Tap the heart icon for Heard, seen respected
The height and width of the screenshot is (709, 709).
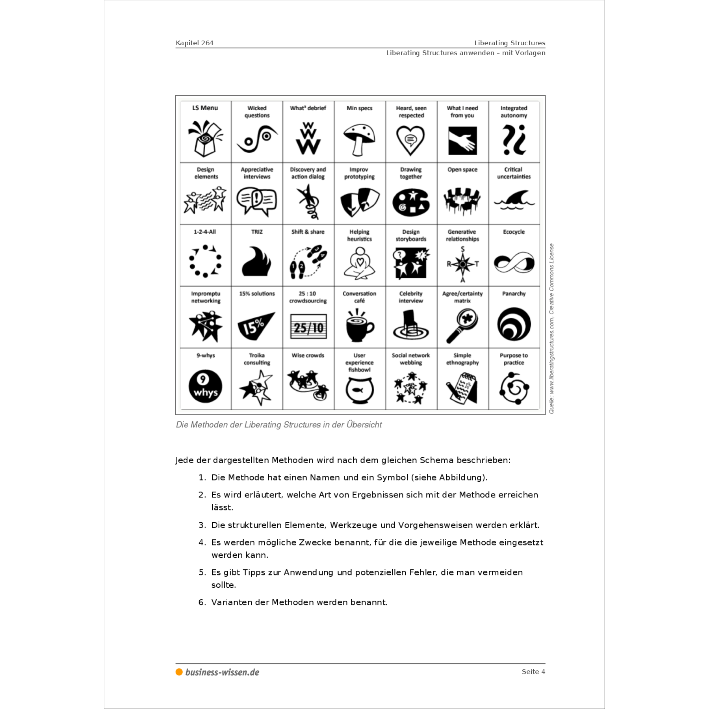pos(410,140)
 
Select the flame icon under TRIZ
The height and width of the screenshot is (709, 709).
pos(256,262)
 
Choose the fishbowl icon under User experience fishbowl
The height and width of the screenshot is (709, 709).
pos(359,390)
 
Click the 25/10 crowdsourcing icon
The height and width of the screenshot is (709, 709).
pos(308,327)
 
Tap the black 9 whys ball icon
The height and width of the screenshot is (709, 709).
pos(205,386)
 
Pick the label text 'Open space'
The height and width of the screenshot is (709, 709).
pos(462,170)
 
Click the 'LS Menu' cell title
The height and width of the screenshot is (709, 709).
pos(205,108)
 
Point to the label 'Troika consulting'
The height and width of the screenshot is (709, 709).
pos(257,359)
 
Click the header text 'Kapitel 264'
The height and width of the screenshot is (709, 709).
pos(195,43)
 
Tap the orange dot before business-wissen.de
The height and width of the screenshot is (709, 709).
pos(179,672)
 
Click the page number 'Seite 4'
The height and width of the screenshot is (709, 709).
pos(533,672)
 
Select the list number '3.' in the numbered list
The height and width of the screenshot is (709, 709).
pos(202,525)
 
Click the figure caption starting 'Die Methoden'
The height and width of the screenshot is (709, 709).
pos(278,425)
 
